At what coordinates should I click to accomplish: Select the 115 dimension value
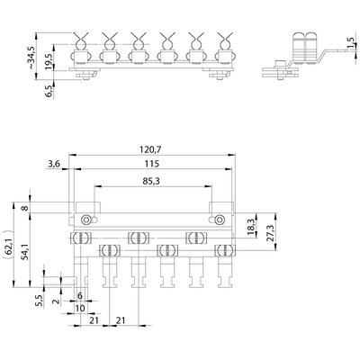[x=152, y=164]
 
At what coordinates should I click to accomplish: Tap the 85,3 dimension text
[x=152, y=181]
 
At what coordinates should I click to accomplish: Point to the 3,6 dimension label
[x=54, y=164]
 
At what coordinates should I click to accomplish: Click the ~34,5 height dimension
[x=31, y=57]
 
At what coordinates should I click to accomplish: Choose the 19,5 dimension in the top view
[x=49, y=61]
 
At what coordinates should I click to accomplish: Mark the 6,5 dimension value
[x=49, y=91]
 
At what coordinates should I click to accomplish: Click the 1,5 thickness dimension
[x=350, y=44]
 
